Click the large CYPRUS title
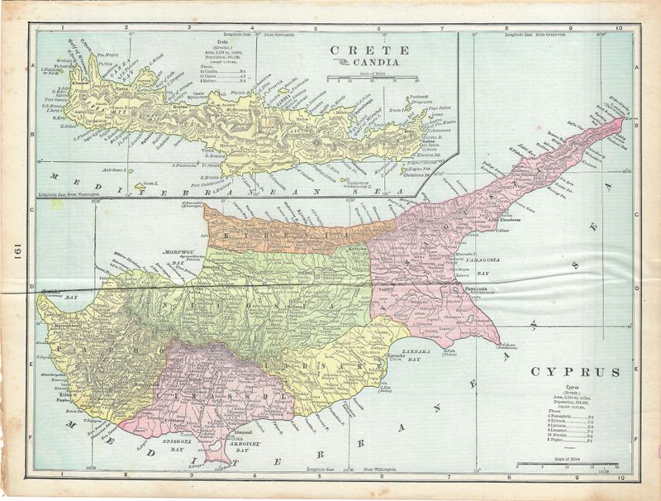pos(575,372)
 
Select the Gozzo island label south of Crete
pos(150,184)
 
